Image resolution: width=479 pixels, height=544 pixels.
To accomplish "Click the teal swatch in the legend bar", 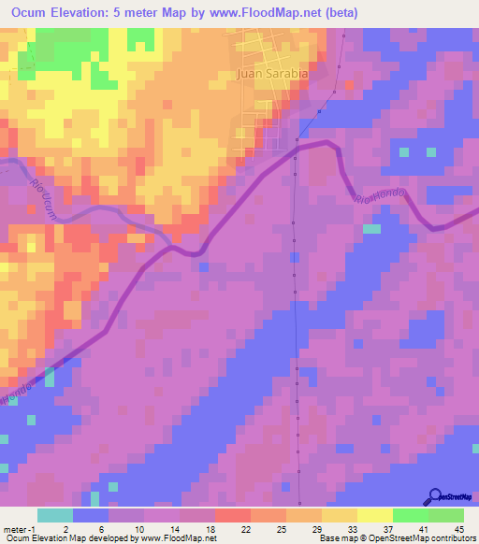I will [x=55, y=515].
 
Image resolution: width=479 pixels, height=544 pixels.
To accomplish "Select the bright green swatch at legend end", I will [x=446, y=515].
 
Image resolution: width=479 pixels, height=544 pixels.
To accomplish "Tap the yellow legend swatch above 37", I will [x=374, y=515].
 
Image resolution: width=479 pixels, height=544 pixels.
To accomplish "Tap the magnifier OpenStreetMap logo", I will [x=436, y=497].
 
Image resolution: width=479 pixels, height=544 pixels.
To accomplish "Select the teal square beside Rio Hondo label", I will [x=371, y=228].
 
